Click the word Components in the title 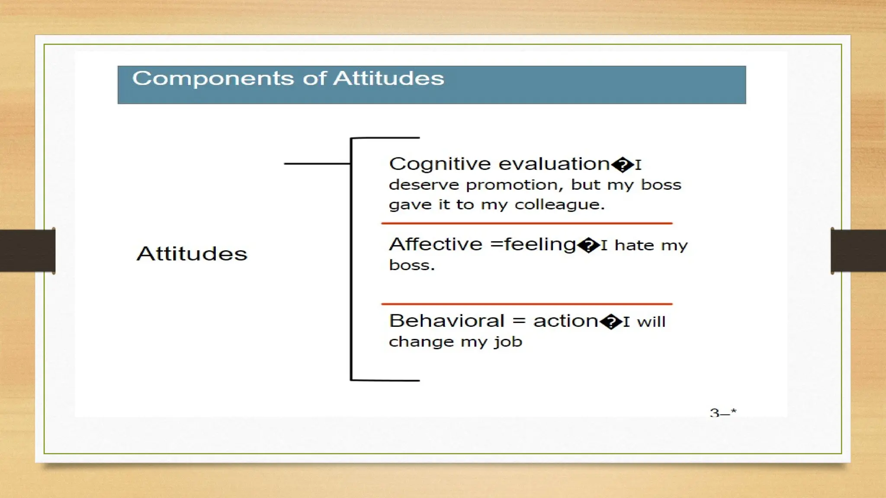click(x=212, y=79)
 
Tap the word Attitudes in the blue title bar click(x=388, y=79)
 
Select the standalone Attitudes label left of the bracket click(x=192, y=254)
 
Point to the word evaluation click(x=554, y=164)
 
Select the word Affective click(x=435, y=245)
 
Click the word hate click(x=634, y=246)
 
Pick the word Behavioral click(x=446, y=321)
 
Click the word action click(x=565, y=321)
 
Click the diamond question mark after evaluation click(x=623, y=165)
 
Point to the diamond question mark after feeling click(x=588, y=246)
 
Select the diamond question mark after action click(x=611, y=322)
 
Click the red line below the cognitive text click(x=526, y=223)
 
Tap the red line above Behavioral click(x=526, y=304)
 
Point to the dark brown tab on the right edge click(x=858, y=251)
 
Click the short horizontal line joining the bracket click(x=317, y=164)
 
